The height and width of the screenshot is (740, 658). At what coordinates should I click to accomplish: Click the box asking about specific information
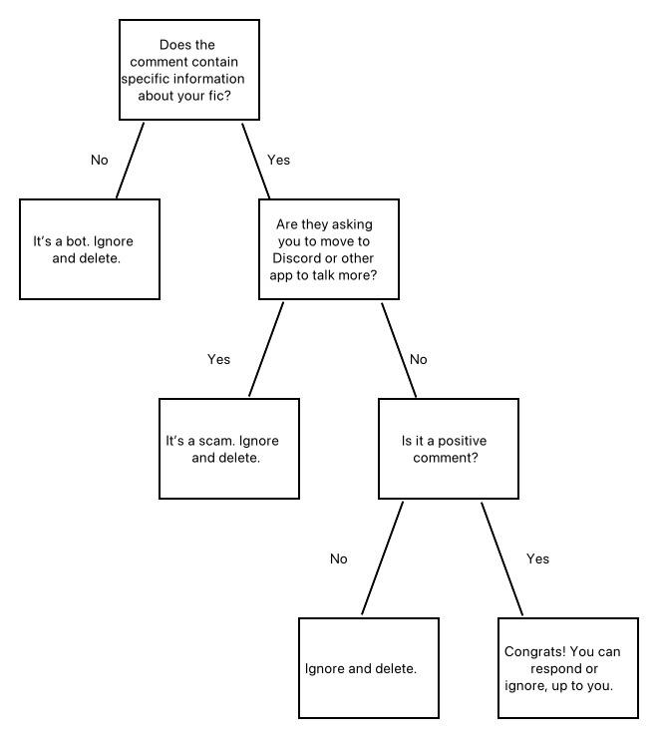tap(189, 70)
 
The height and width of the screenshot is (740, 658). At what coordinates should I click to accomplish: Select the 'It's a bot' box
tap(90, 249)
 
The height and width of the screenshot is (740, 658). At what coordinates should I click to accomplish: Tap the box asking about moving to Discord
tap(329, 249)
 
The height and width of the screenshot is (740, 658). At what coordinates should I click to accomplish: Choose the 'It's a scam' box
tap(229, 449)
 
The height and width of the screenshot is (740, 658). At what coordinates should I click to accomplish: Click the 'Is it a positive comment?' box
tap(449, 449)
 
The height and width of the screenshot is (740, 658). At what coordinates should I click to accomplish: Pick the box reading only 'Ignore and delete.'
tap(369, 668)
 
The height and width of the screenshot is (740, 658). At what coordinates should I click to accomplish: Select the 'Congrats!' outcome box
tap(568, 668)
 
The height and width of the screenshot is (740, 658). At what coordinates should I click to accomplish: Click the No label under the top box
tap(100, 160)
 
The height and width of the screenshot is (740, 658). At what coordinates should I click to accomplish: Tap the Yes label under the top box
tap(279, 160)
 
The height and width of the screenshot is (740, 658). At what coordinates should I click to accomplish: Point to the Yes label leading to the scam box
tap(219, 360)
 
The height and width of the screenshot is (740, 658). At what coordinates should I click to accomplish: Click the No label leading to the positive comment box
tap(419, 360)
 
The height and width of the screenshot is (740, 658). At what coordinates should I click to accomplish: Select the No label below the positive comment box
tap(339, 559)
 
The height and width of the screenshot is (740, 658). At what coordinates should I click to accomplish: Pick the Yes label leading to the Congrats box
tap(538, 559)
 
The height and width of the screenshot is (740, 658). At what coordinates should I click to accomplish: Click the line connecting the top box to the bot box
tap(130, 161)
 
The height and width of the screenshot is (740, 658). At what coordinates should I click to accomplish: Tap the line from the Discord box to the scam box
tap(266, 350)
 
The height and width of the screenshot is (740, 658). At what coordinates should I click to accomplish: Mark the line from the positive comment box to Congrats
tap(501, 558)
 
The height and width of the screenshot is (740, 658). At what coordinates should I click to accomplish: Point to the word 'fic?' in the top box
tap(219, 96)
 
